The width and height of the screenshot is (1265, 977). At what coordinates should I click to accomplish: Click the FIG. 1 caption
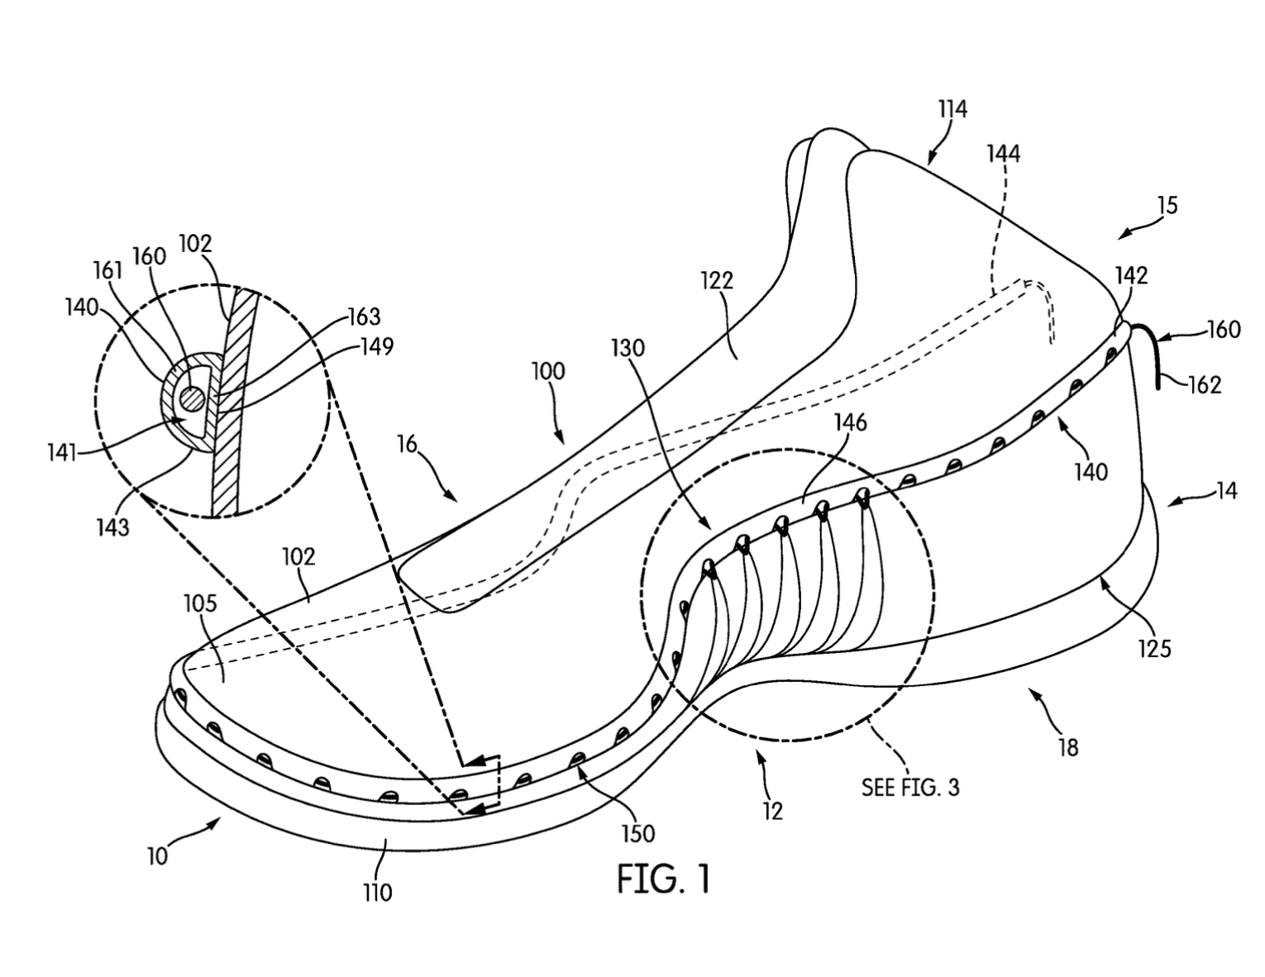click(664, 879)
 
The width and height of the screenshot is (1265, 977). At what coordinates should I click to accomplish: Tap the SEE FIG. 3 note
click(910, 787)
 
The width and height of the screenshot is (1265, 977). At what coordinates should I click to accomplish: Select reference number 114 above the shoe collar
click(952, 109)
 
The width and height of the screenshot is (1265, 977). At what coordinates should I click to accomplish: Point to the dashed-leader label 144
click(1004, 154)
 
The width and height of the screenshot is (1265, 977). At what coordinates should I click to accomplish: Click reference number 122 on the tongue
click(717, 280)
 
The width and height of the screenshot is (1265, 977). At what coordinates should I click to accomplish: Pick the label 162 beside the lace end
click(1205, 384)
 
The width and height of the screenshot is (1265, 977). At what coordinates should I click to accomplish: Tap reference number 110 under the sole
click(377, 892)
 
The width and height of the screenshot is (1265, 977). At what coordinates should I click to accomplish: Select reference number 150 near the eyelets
click(638, 834)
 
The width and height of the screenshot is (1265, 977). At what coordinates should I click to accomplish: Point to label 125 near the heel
click(1154, 649)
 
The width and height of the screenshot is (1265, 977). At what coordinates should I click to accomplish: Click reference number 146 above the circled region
click(851, 422)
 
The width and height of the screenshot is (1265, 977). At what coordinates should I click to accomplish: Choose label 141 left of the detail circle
click(62, 452)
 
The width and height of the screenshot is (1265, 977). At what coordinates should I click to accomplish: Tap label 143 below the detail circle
click(112, 528)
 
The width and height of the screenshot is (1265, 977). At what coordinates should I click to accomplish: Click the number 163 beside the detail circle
click(364, 317)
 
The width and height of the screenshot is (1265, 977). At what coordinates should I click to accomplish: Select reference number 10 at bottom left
click(157, 856)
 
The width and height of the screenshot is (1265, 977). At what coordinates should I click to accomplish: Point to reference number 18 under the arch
click(1068, 747)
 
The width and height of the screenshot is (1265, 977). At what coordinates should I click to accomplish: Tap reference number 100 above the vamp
click(548, 370)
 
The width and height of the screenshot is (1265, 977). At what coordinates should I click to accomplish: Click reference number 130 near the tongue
click(628, 348)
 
